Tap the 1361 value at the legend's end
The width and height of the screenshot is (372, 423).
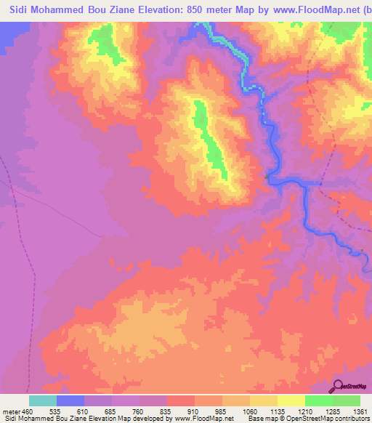point(360,411)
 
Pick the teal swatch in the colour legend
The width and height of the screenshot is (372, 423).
point(43,400)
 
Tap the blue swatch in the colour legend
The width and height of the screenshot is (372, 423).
point(70,400)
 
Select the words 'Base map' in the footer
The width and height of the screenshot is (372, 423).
point(260,419)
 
